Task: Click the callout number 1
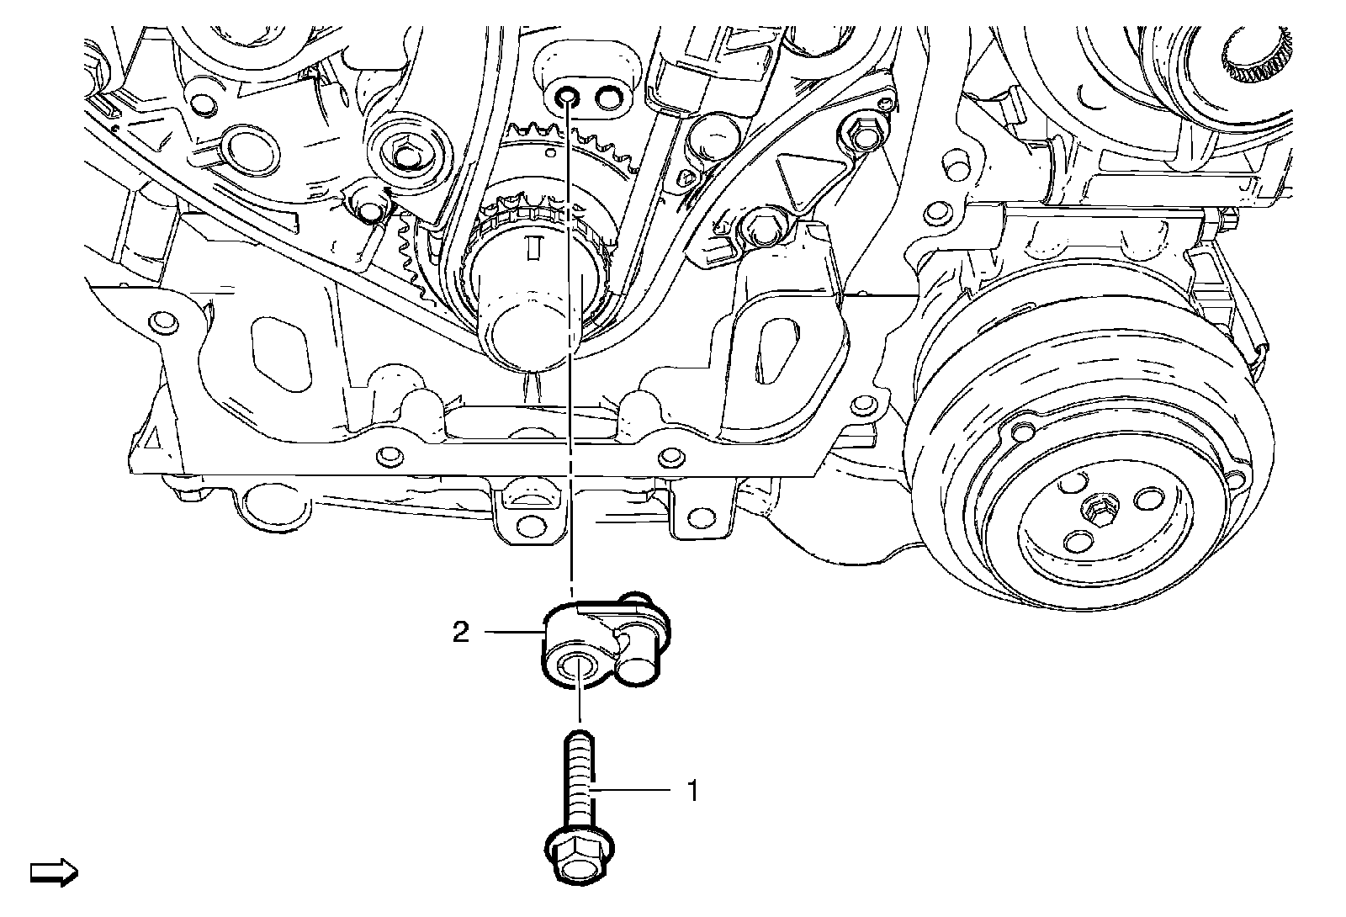pos(692,791)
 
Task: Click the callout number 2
pos(461,632)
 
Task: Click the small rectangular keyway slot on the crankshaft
pos(531,247)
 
